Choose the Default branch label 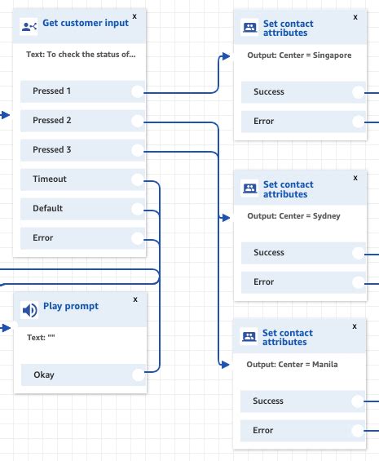click(47, 208)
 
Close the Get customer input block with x click(134, 16)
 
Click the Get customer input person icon click(29, 26)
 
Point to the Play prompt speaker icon click(29, 310)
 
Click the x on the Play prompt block click(134, 299)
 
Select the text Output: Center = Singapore click(299, 55)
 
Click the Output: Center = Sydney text click(293, 216)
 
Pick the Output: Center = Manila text click(292, 364)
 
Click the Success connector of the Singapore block click(358, 92)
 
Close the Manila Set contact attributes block click(354, 326)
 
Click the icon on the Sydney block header click(249, 190)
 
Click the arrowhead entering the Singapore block click(227, 55)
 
